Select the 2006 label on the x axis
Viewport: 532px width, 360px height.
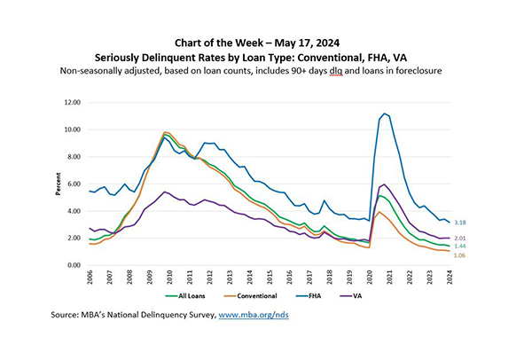coord(90,278)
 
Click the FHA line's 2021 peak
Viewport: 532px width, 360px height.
coord(385,113)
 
